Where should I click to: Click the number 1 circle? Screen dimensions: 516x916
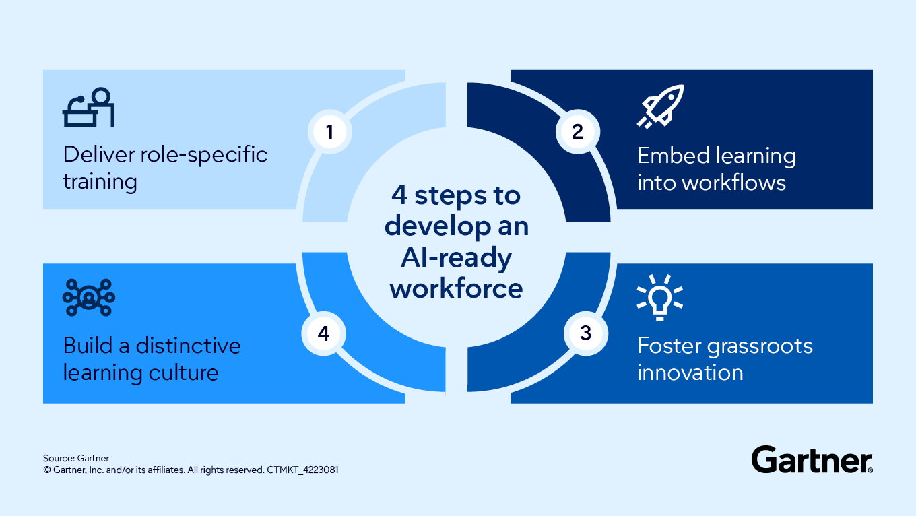pyautogui.click(x=329, y=132)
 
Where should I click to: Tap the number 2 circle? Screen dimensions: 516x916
pyautogui.click(x=577, y=132)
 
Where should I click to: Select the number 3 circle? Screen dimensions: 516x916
pyautogui.click(x=585, y=333)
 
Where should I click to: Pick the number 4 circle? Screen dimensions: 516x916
pyautogui.click(x=323, y=333)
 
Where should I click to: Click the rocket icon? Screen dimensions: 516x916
pyautogui.click(x=659, y=106)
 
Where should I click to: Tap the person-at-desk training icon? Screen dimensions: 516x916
pyautogui.click(x=89, y=108)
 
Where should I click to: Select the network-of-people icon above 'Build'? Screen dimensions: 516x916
pyautogui.click(x=89, y=297)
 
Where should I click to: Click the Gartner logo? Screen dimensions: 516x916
pyautogui.click(x=812, y=459)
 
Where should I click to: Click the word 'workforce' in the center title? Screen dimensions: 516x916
pyautogui.click(x=456, y=288)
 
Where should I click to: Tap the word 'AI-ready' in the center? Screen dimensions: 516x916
pyautogui.click(x=456, y=257)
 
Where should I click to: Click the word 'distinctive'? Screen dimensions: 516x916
pyautogui.click(x=188, y=346)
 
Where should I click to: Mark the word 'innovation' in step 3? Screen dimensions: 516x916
pyautogui.click(x=690, y=373)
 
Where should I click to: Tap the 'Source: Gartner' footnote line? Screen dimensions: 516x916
pyautogui.click(x=76, y=458)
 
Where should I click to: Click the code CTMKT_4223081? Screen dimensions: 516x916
pyautogui.click(x=302, y=470)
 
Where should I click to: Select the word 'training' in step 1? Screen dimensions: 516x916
pyautogui.click(x=100, y=181)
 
